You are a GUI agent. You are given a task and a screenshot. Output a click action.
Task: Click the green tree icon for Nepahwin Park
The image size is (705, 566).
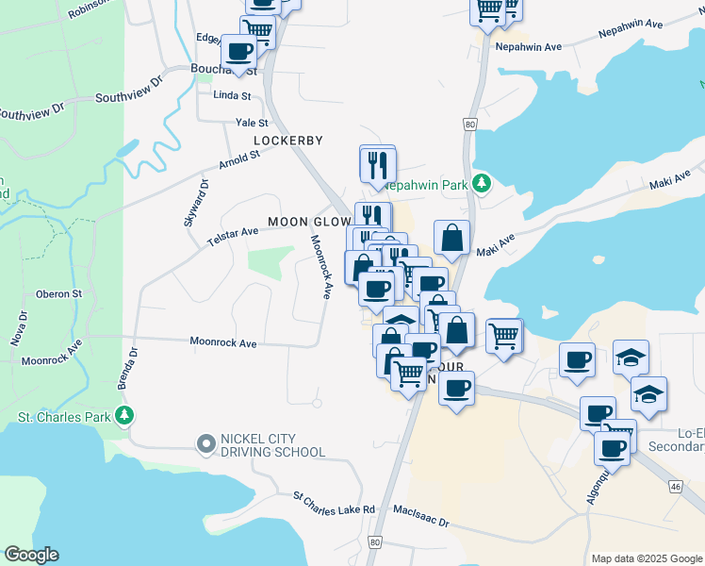coord(482,182)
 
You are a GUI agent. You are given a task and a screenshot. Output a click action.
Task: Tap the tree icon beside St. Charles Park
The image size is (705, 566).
coord(123,416)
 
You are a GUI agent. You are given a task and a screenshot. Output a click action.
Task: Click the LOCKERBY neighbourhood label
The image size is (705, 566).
coord(288,141)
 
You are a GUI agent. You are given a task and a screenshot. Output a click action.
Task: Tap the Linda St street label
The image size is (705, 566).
coord(232,96)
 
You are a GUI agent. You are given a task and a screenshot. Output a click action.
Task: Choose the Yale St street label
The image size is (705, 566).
coord(252,123)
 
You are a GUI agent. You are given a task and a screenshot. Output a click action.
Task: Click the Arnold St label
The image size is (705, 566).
coord(238,160)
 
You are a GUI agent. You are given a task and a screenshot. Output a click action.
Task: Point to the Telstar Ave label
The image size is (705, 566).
coord(233,238)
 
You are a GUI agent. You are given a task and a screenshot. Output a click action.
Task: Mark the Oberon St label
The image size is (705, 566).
coord(59,294)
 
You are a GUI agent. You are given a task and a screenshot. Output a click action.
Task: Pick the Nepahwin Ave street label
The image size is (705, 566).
coord(528,46)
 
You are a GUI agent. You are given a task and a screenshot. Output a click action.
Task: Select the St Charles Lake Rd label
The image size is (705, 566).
coord(334,503)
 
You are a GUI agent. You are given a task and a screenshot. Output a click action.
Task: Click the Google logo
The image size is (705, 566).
coord(31,555)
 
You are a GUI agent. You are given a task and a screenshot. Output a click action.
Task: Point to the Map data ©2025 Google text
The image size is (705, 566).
coord(646,558)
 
